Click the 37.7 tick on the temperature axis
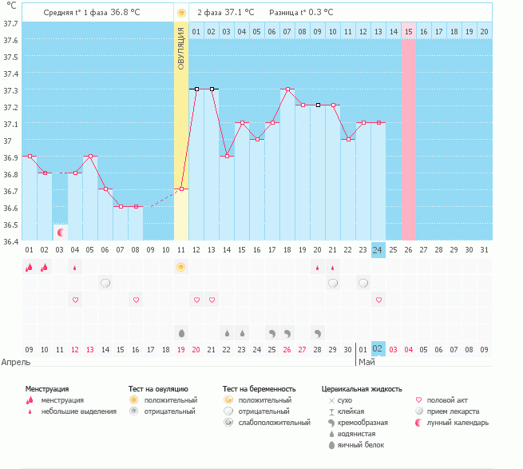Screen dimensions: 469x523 point(11,23)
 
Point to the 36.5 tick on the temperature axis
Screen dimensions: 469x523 point(11,225)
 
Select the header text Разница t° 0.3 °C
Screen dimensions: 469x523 point(301,13)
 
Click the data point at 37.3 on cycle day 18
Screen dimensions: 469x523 point(287,89)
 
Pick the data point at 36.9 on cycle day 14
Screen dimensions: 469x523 point(226,157)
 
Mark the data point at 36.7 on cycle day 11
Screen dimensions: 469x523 point(181,189)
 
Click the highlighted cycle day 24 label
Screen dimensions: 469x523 point(378,250)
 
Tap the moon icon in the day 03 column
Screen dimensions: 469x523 point(60,232)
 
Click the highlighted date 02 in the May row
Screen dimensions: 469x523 point(378,349)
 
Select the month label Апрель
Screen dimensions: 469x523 point(16,362)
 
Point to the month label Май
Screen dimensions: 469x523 point(366,362)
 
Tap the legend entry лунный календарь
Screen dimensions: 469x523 point(458,422)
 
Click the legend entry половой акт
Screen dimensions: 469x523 point(446,399)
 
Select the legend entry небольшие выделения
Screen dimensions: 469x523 point(78,411)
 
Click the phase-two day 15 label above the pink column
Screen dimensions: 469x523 point(409,31)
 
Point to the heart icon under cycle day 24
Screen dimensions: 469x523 point(378,300)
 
